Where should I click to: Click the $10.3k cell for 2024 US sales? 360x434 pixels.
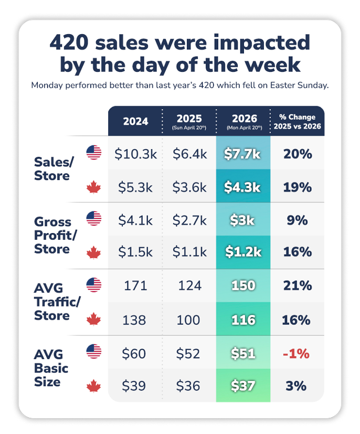coord(135,154)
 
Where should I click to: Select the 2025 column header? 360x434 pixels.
coord(189,122)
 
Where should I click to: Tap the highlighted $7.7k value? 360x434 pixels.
coord(243,154)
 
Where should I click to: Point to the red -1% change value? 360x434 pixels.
coord(297,353)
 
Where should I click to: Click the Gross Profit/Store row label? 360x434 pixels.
coord(56,235)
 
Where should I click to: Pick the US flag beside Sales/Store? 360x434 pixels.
coord(94,153)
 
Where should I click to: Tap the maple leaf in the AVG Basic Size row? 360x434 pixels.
coord(94,387)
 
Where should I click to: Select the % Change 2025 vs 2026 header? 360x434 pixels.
coord(297,122)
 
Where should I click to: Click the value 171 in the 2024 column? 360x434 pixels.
coord(135,286)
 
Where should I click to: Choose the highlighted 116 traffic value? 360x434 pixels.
coord(243,320)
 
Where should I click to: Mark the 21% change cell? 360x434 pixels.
coord(297,286)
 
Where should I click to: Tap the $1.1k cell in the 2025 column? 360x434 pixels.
coord(189,252)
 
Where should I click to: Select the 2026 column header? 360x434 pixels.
coord(243,122)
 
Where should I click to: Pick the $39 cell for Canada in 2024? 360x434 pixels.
coord(135,386)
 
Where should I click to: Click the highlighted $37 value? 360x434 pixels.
coord(243,386)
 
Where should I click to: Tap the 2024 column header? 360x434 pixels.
coord(135,122)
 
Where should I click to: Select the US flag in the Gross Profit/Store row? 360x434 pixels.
coord(94,219)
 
